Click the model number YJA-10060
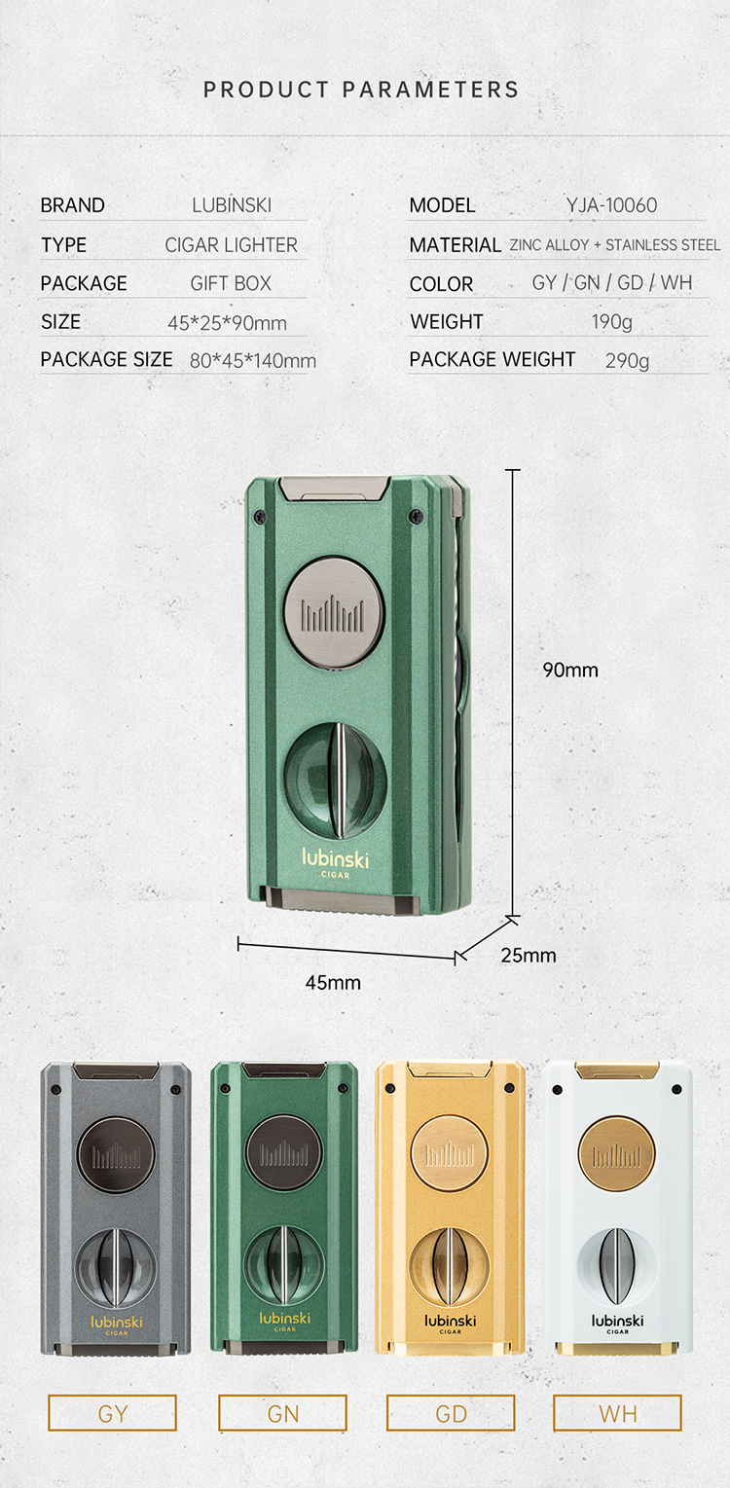[x=611, y=205]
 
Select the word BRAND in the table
[x=72, y=205]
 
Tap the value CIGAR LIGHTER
[x=231, y=245]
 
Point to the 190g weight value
[x=612, y=322]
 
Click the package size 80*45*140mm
[x=253, y=361]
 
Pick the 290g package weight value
[x=627, y=361]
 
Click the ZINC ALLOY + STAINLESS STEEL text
[x=615, y=245]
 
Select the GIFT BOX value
[x=231, y=283]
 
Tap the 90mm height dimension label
[x=570, y=670]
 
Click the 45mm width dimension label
[x=333, y=983]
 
